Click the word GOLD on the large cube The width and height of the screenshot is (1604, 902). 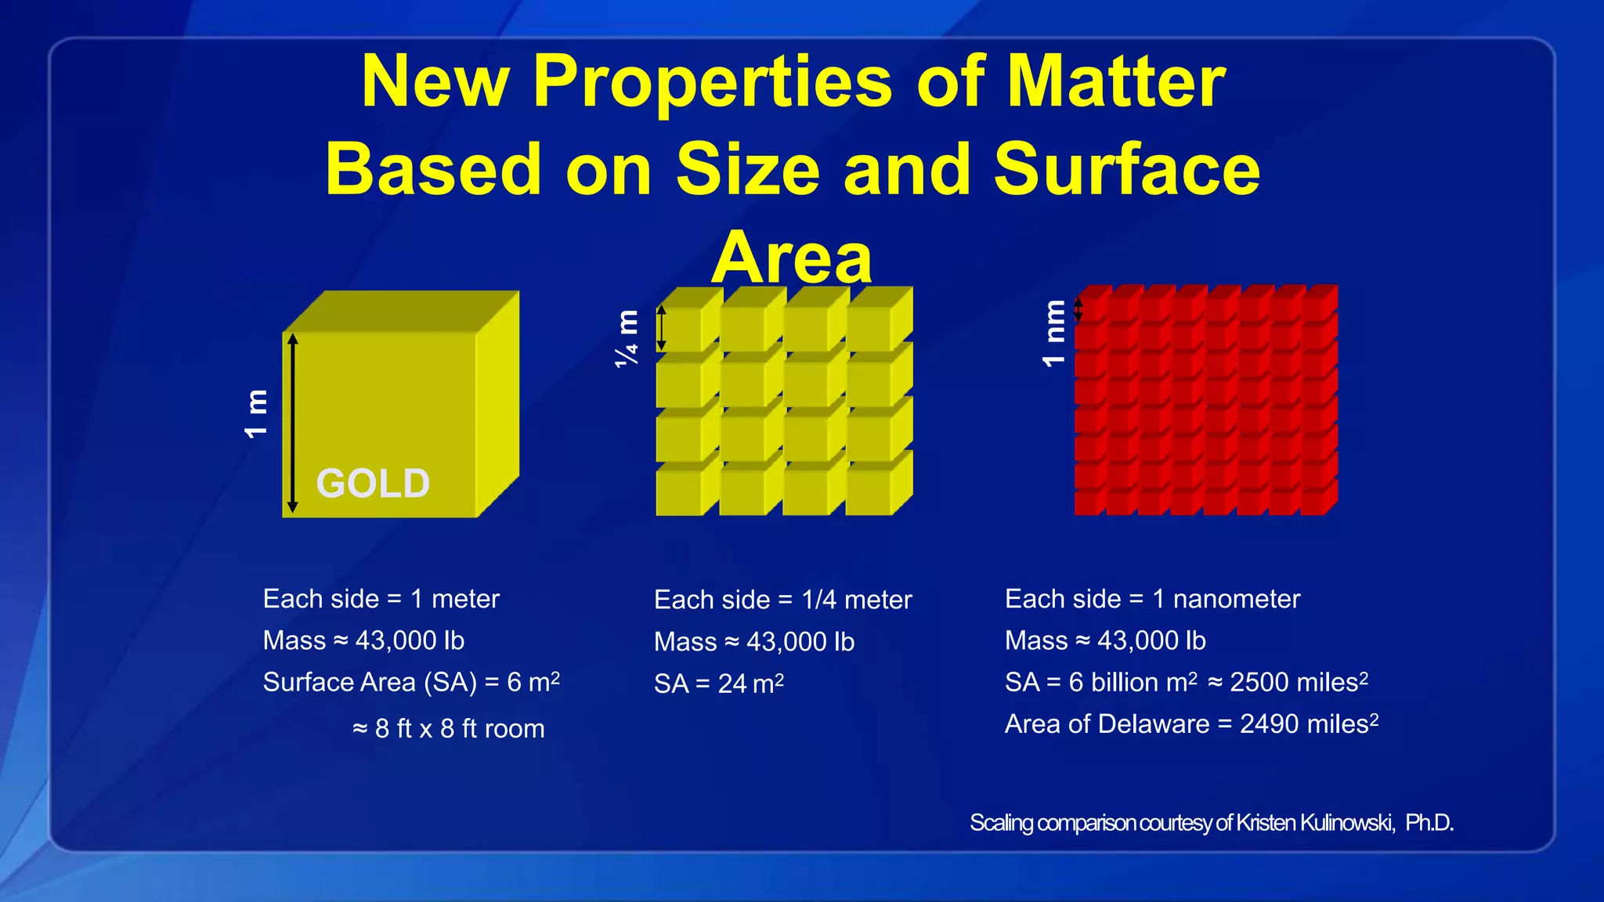373,483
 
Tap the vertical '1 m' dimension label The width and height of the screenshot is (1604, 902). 256,413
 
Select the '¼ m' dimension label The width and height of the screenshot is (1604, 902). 627,338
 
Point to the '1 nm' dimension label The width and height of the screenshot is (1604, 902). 1053,333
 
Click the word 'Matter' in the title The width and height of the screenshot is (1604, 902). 1115,81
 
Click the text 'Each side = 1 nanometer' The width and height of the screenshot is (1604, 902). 1152,599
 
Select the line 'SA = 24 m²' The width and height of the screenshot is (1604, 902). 718,684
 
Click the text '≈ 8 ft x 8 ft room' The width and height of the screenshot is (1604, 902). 448,729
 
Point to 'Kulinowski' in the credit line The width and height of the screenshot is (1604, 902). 1347,823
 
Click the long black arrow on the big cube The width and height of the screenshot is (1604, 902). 292,423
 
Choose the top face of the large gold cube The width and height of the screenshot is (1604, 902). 399,311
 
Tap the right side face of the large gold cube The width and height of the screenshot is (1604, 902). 498,403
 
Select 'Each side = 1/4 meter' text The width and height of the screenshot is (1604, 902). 782,600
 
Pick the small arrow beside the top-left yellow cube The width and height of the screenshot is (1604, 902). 661,327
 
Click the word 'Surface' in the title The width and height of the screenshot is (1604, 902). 1126,170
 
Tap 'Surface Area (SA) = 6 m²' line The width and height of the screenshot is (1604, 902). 411,682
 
